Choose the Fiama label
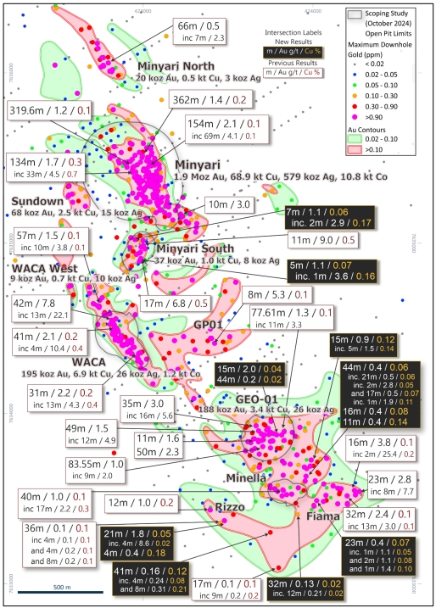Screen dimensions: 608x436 [x=321, y=516]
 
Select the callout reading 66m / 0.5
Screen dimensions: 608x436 [x=199, y=30]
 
